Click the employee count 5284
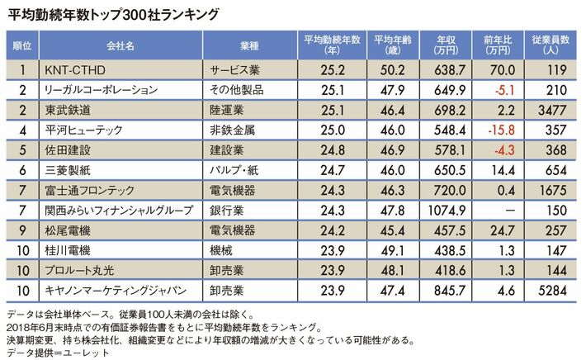point(550,289)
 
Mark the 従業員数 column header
point(549,44)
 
